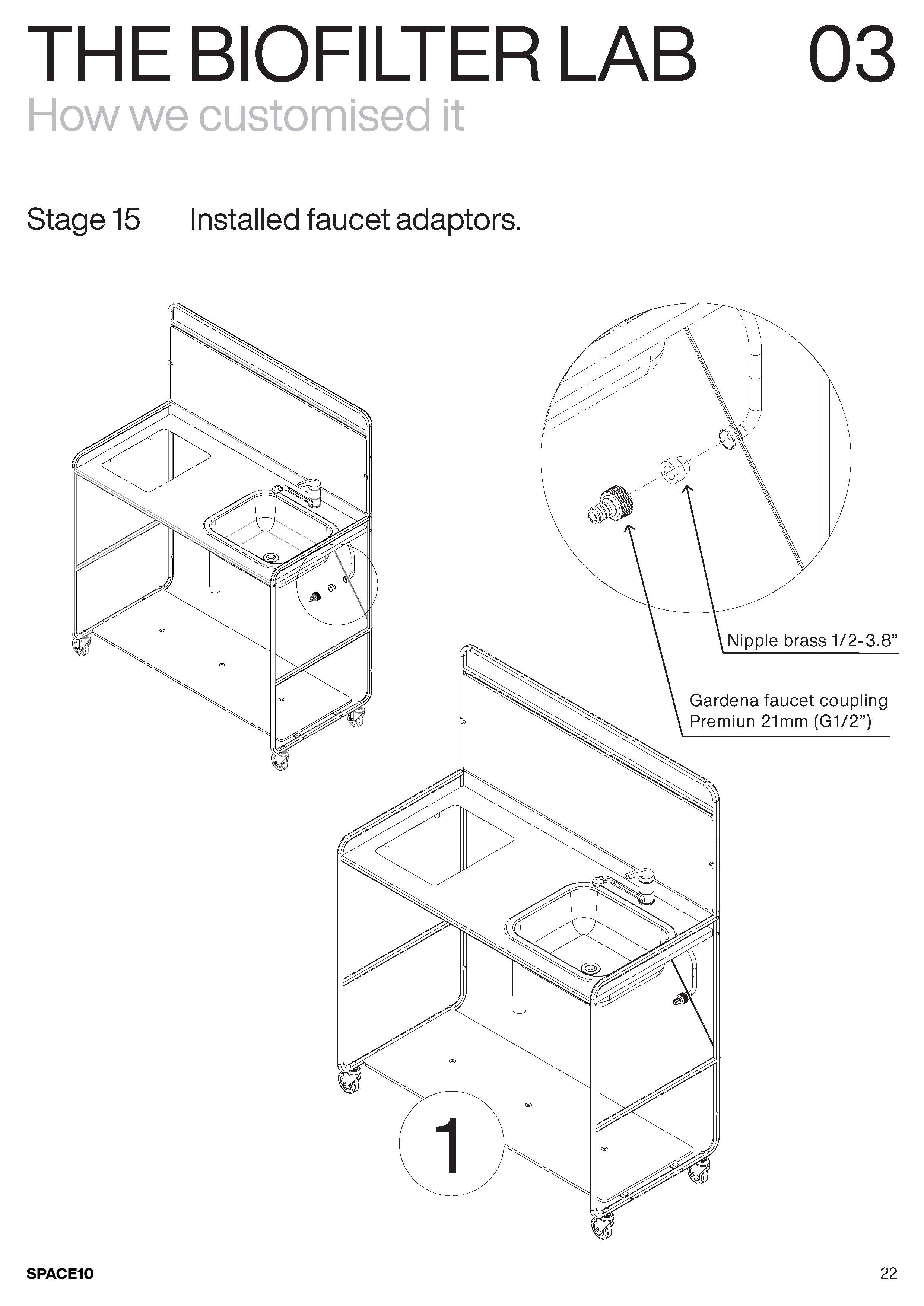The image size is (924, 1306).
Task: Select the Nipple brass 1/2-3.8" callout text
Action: (812, 641)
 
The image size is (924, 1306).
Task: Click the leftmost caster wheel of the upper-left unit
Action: (81, 647)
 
